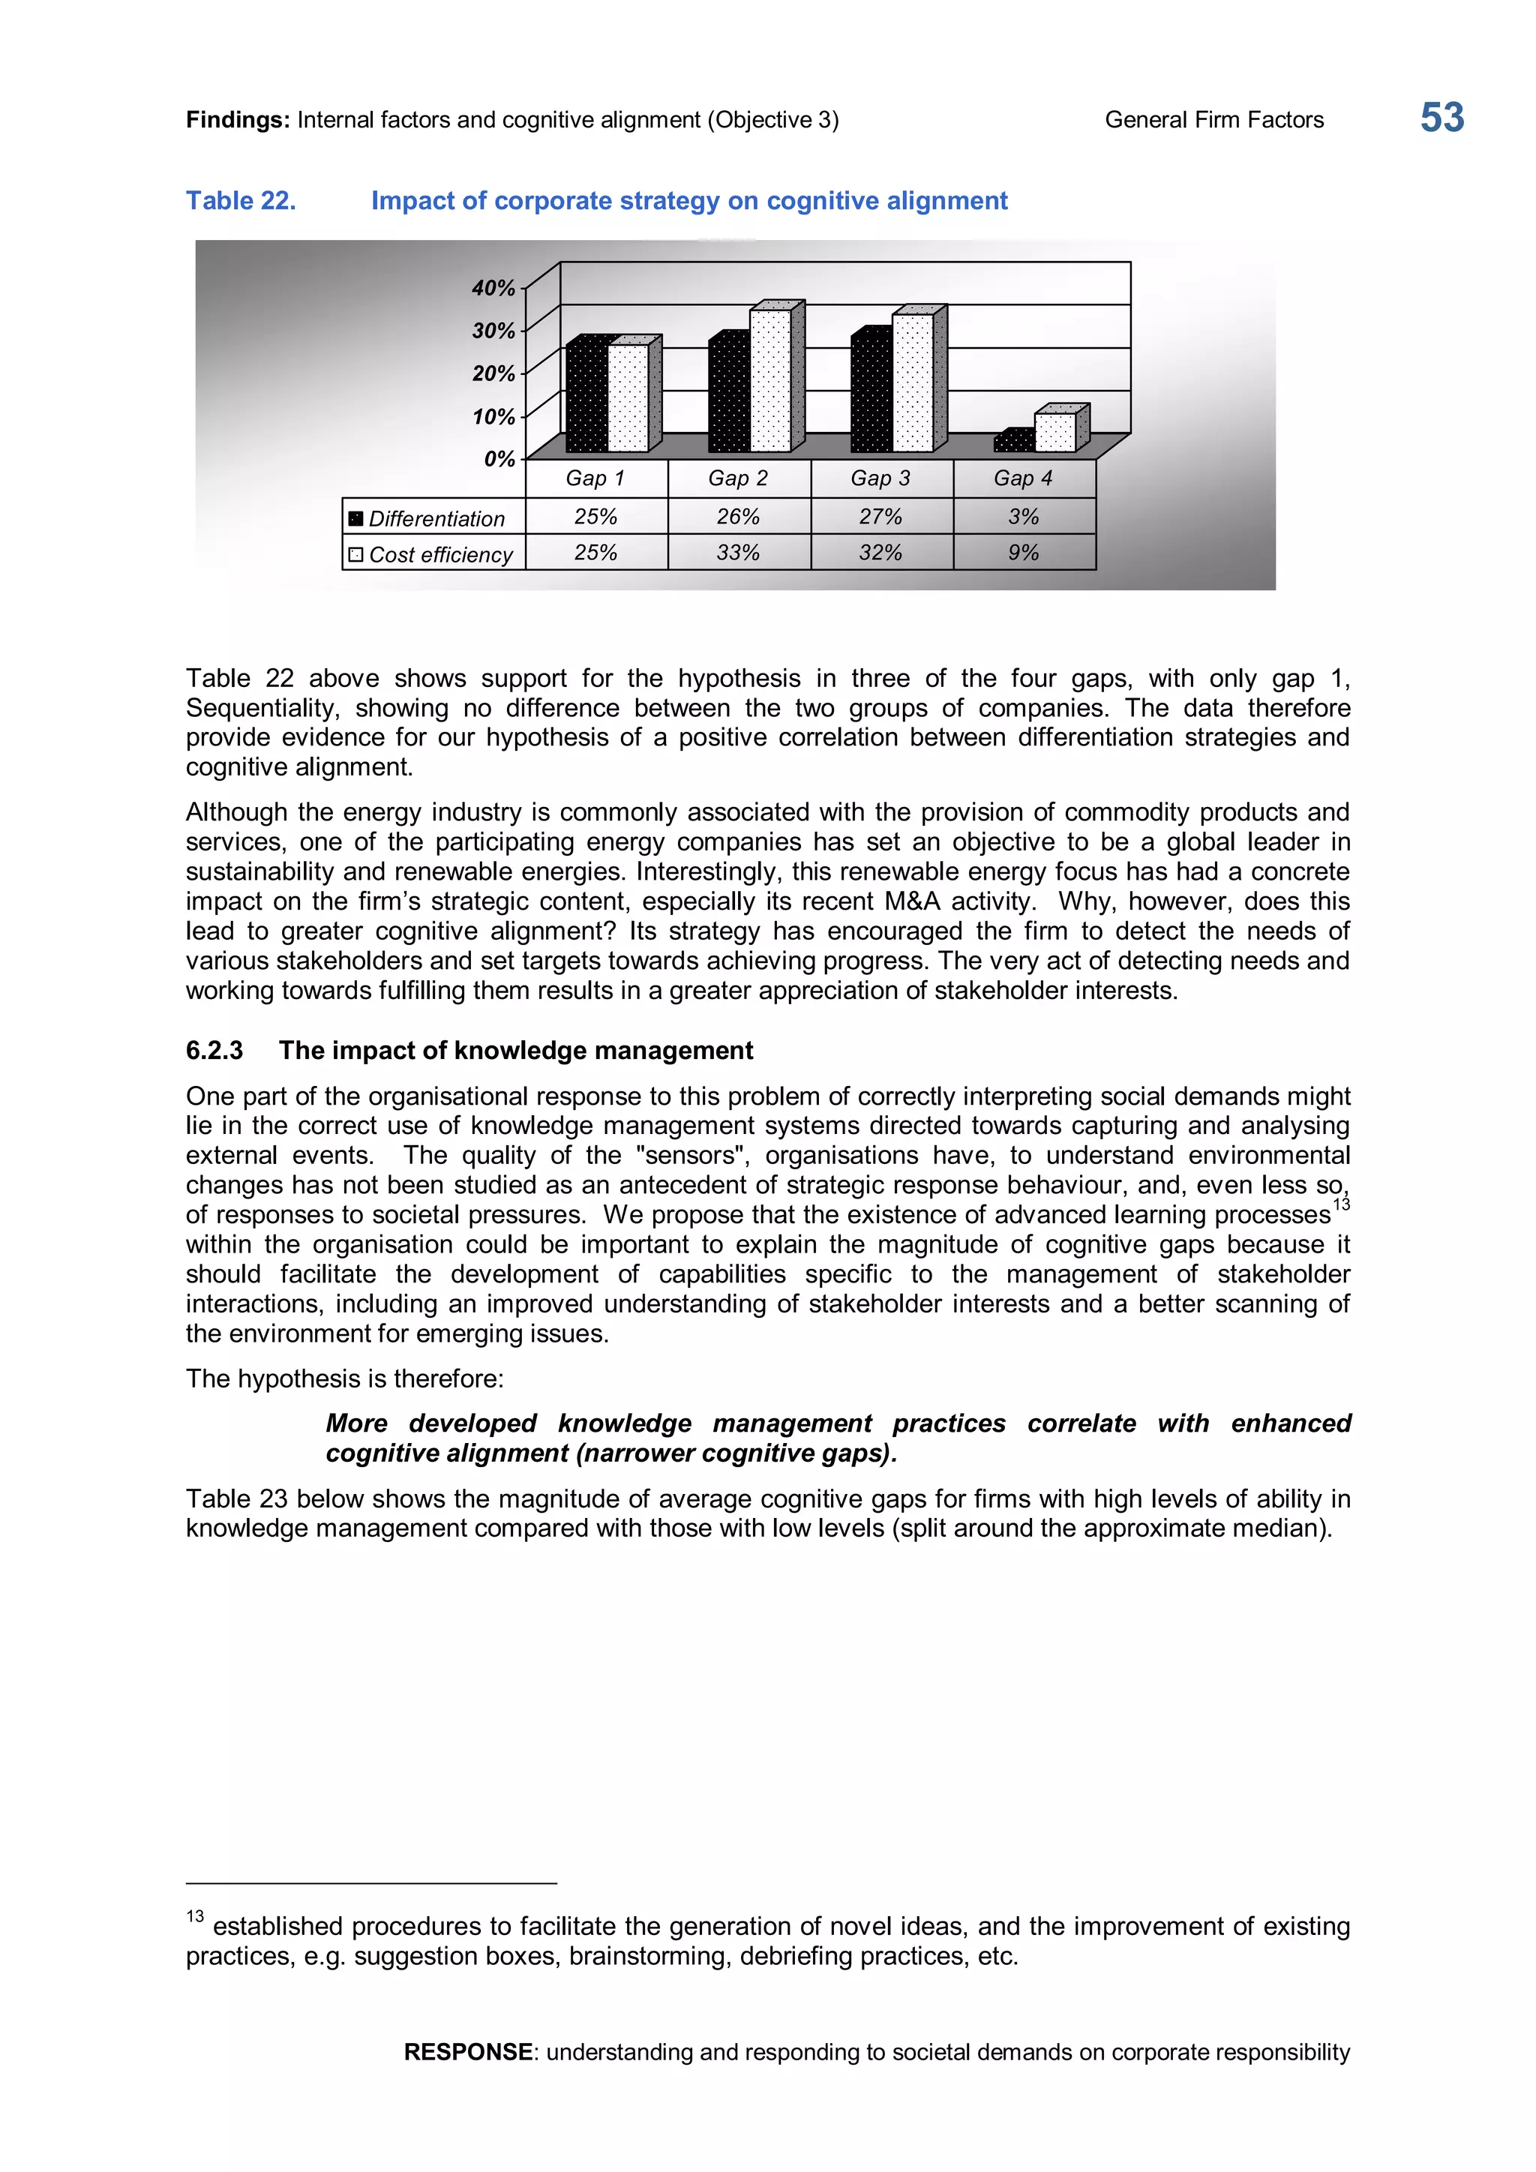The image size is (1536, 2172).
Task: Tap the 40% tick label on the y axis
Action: (x=493, y=287)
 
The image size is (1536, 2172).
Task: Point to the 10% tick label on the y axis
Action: (x=493, y=416)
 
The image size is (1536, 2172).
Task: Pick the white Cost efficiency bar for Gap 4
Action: (x=1054, y=432)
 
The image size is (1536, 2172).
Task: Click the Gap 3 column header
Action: (x=880, y=478)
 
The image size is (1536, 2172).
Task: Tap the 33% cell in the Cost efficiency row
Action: (x=738, y=553)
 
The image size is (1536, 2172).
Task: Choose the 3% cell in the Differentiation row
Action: (x=1023, y=517)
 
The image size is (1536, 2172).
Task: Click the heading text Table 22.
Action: (x=240, y=200)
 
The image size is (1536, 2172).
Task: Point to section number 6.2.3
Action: (x=214, y=1050)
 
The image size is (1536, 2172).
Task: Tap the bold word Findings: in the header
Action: (x=238, y=120)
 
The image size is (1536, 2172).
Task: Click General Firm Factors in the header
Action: (x=1213, y=120)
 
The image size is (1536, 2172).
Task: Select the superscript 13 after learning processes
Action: (x=1341, y=1204)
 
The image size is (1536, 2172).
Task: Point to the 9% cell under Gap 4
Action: (x=1023, y=553)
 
